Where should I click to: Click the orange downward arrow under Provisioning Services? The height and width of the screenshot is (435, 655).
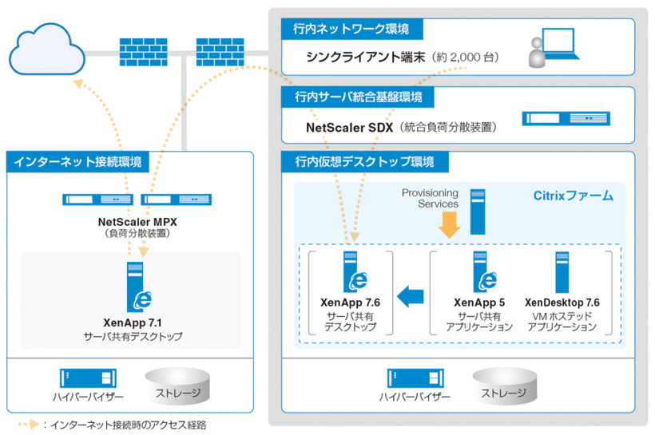point(450,227)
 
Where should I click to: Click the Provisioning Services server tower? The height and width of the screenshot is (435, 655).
point(478,212)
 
